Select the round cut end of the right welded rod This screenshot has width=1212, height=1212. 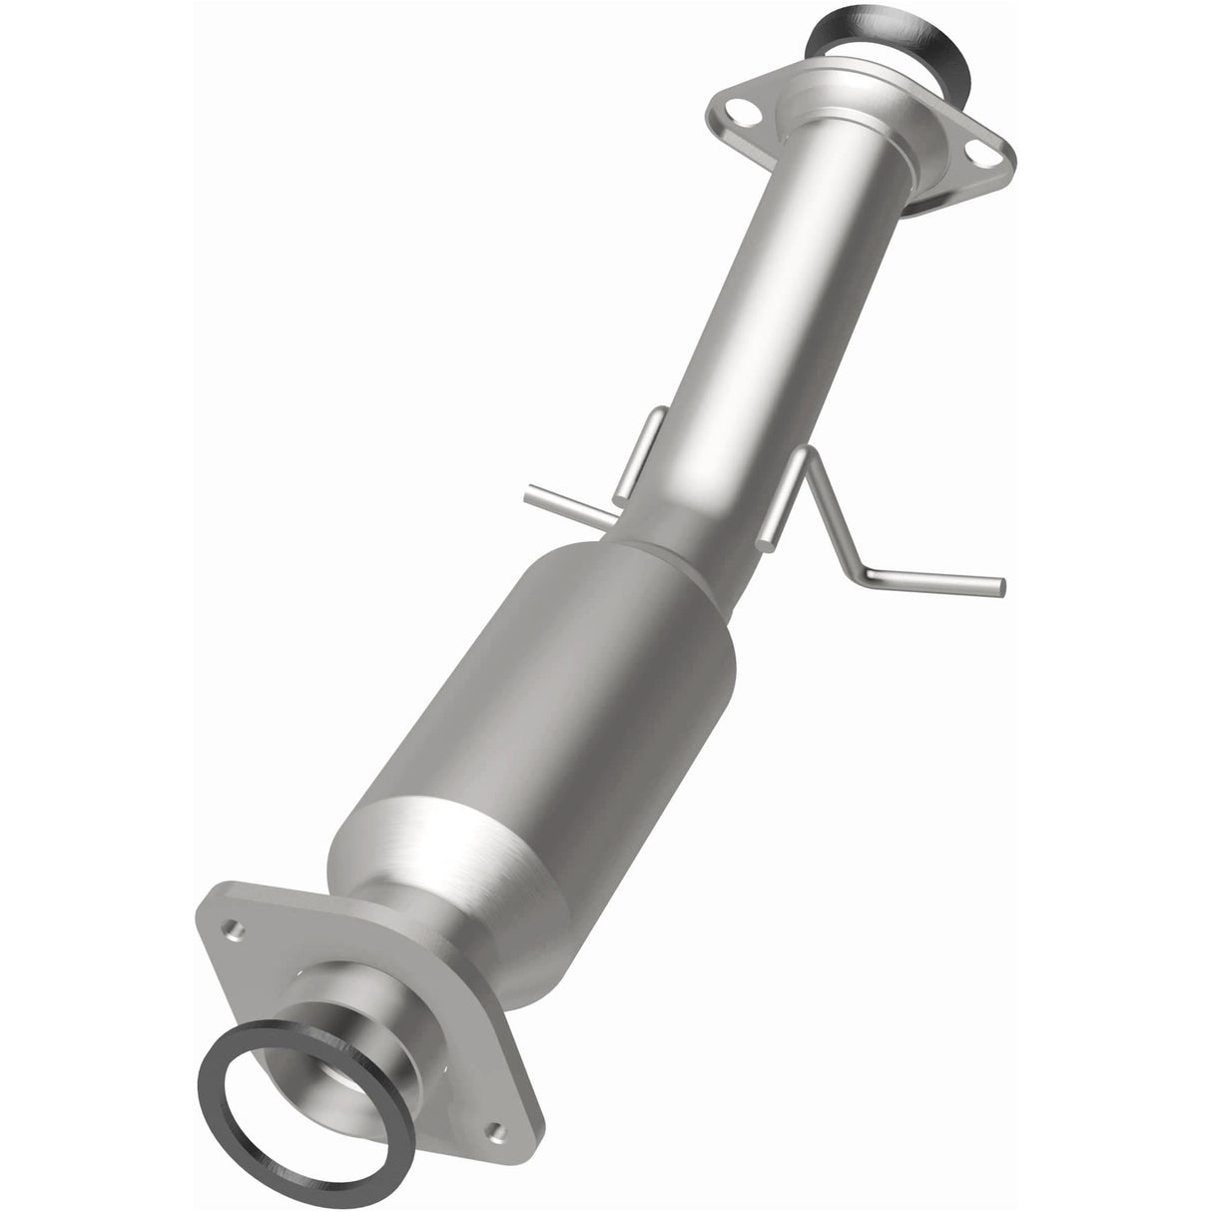click(x=769, y=543)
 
